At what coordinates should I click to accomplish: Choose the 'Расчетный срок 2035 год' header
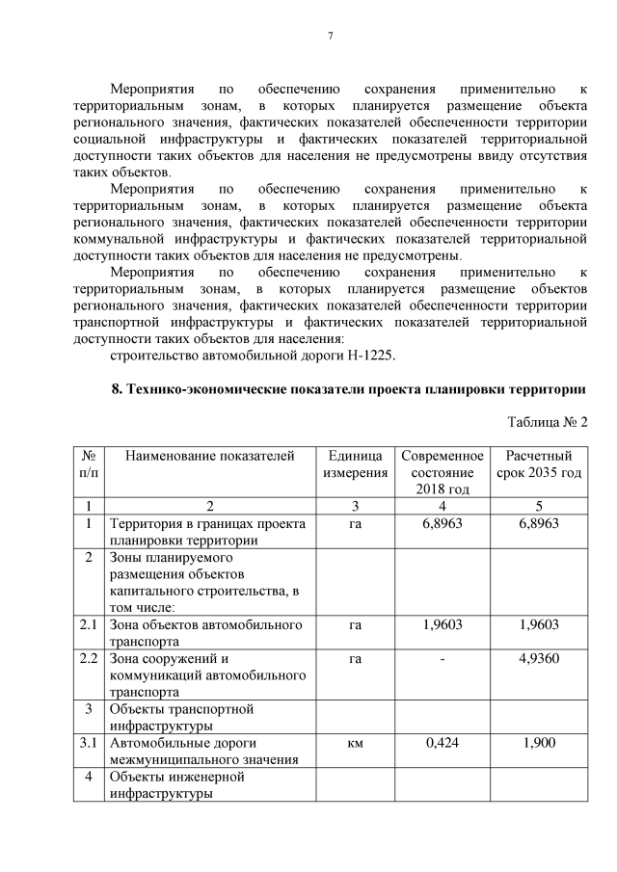point(539,464)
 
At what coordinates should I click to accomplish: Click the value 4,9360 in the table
point(539,659)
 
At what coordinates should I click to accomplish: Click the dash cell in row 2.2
point(443,659)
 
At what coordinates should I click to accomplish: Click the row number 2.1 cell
point(89,624)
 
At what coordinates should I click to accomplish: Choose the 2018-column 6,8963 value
point(443,523)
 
